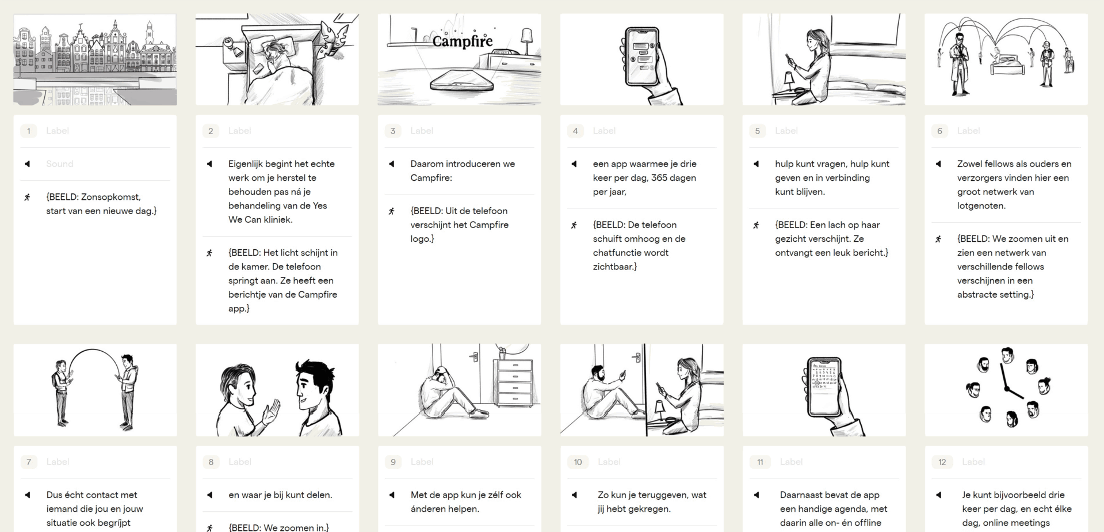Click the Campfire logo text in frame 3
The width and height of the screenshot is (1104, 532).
(463, 41)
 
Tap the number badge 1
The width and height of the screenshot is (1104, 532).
(28, 131)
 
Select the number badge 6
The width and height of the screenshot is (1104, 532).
(939, 131)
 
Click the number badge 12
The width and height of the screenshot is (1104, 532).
(942, 462)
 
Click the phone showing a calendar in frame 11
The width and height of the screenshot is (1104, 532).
(824, 386)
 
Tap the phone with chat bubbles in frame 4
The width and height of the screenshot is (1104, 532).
(642, 56)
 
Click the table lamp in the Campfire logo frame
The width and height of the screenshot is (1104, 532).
(526, 42)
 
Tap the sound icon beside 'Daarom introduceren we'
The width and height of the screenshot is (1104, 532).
(392, 164)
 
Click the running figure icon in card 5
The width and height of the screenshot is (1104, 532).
(756, 225)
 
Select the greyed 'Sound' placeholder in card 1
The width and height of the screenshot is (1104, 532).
(60, 164)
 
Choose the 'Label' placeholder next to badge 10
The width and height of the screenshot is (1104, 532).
(609, 462)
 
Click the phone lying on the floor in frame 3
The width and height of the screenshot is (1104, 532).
(461, 81)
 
